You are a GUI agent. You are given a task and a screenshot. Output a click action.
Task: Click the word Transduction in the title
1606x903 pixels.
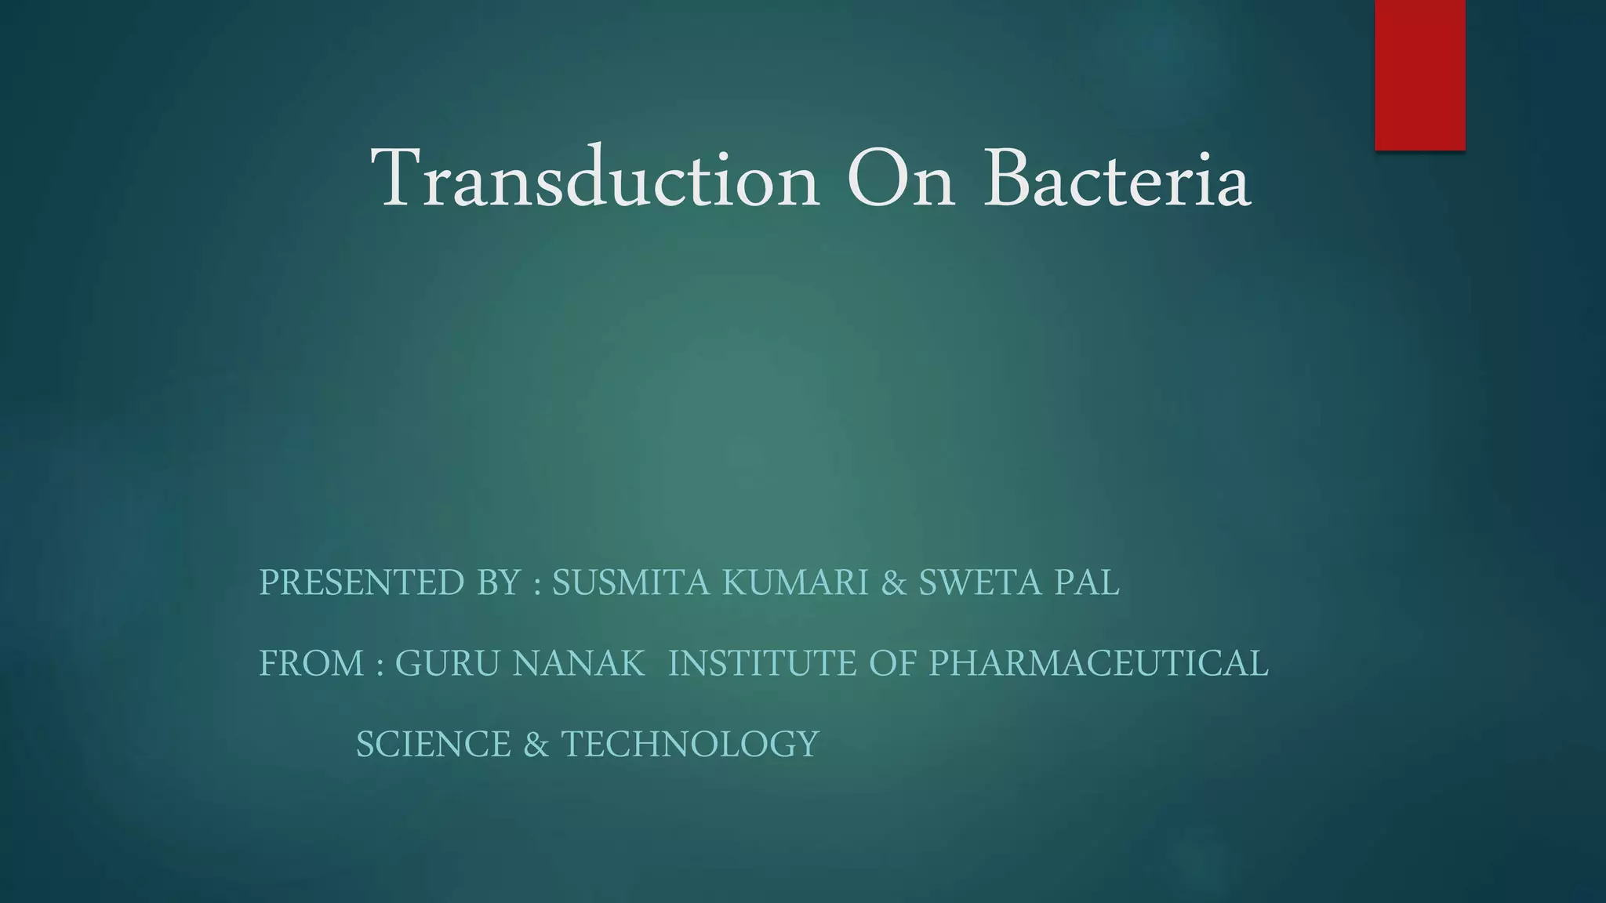click(x=594, y=178)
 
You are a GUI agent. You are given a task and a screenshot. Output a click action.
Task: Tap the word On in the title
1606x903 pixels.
click(x=901, y=178)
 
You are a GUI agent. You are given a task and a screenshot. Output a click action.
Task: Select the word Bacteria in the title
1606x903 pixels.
click(x=1117, y=178)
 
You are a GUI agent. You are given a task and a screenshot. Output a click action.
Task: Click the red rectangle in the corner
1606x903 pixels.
click(x=1419, y=74)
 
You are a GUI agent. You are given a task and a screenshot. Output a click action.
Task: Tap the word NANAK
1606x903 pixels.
click(x=579, y=663)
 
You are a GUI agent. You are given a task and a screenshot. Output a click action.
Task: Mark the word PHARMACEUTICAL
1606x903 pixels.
click(x=1099, y=663)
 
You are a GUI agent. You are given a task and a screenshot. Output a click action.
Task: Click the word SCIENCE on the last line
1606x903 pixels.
click(x=434, y=744)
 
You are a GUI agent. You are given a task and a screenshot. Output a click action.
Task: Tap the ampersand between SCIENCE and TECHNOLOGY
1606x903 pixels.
click(x=536, y=744)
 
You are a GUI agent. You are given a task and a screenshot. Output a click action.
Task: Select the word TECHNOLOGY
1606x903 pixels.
click(x=690, y=744)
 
